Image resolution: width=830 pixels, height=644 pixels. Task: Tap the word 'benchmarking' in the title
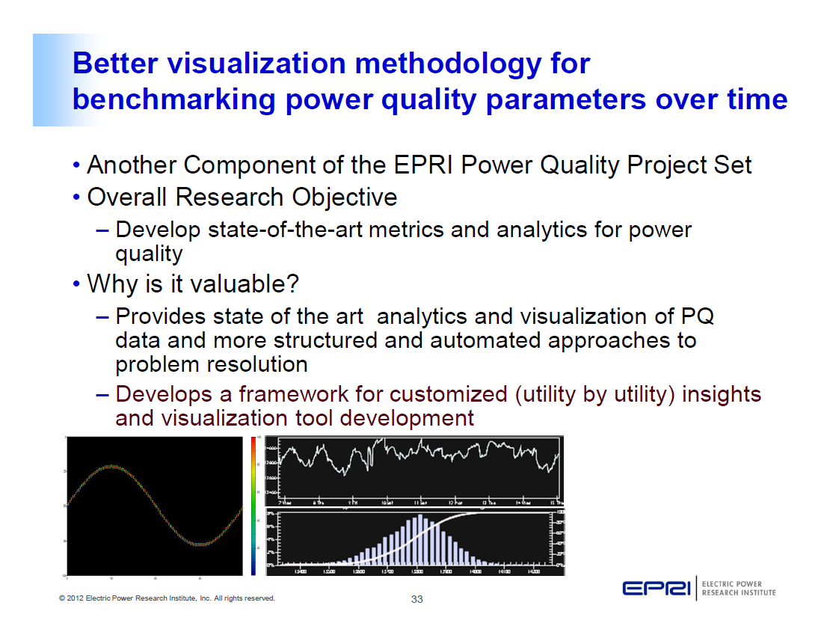(174, 99)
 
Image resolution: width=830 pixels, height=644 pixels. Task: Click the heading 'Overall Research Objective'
(242, 197)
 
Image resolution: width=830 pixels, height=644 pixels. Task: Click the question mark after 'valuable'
(293, 284)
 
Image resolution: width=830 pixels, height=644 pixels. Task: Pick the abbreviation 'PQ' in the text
(698, 316)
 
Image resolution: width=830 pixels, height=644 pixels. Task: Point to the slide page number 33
(417, 599)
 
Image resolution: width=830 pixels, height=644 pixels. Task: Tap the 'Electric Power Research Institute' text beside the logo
(738, 589)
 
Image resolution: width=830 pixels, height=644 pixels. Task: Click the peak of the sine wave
(111, 466)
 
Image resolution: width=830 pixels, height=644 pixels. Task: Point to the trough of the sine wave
(199, 544)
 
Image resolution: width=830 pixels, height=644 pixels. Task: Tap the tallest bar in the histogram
(420, 539)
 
